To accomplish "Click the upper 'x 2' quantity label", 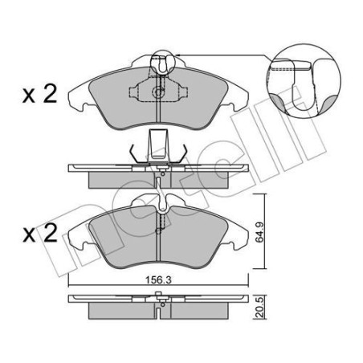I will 38,95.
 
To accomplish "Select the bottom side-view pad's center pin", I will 161,303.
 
